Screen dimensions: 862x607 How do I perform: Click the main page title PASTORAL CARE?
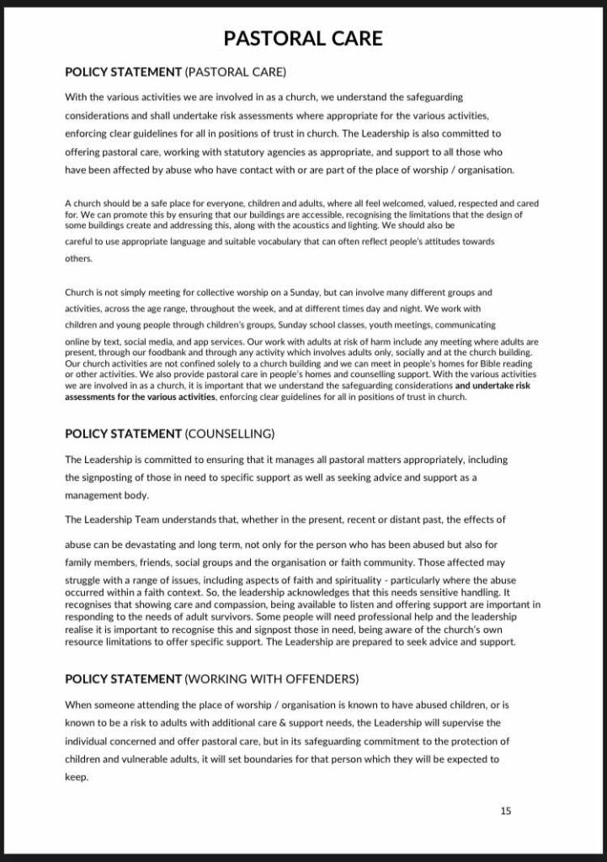tap(303, 38)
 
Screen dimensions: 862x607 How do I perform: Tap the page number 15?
tap(506, 811)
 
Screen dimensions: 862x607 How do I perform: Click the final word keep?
tap(77, 777)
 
